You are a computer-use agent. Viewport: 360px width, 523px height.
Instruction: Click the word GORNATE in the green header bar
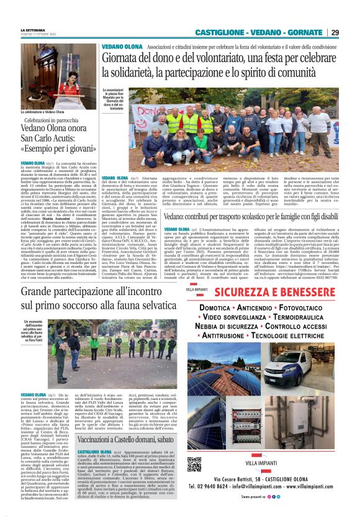303,32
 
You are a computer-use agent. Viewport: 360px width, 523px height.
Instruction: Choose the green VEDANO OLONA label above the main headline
122,47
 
